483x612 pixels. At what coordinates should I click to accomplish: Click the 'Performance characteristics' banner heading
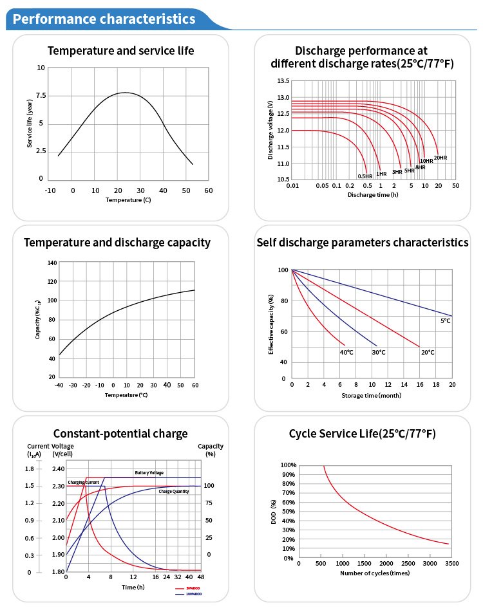pos(104,19)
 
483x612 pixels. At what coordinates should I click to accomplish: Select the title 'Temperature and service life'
pos(121,50)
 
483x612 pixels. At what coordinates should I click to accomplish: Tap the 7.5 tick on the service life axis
pos(41,95)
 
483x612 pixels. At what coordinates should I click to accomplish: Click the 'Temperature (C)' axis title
pos(128,200)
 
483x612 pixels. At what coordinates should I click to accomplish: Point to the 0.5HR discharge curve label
pos(365,176)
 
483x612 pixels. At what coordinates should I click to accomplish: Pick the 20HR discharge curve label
pos(440,158)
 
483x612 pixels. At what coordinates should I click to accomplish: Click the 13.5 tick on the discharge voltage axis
pos(283,81)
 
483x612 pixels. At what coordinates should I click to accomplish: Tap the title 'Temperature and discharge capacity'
pos(117,243)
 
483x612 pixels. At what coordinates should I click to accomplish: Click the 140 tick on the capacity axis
pos(52,263)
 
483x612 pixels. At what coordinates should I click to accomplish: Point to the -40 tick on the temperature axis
pos(59,385)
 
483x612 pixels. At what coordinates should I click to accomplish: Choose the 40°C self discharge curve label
pos(346,352)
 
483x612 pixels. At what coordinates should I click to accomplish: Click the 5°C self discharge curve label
pos(445,320)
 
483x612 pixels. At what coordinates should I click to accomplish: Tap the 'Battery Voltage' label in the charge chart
pos(149,472)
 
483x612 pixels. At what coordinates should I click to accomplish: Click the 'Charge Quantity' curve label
pos(174,492)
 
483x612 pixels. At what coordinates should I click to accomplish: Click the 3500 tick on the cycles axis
pos(451,563)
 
